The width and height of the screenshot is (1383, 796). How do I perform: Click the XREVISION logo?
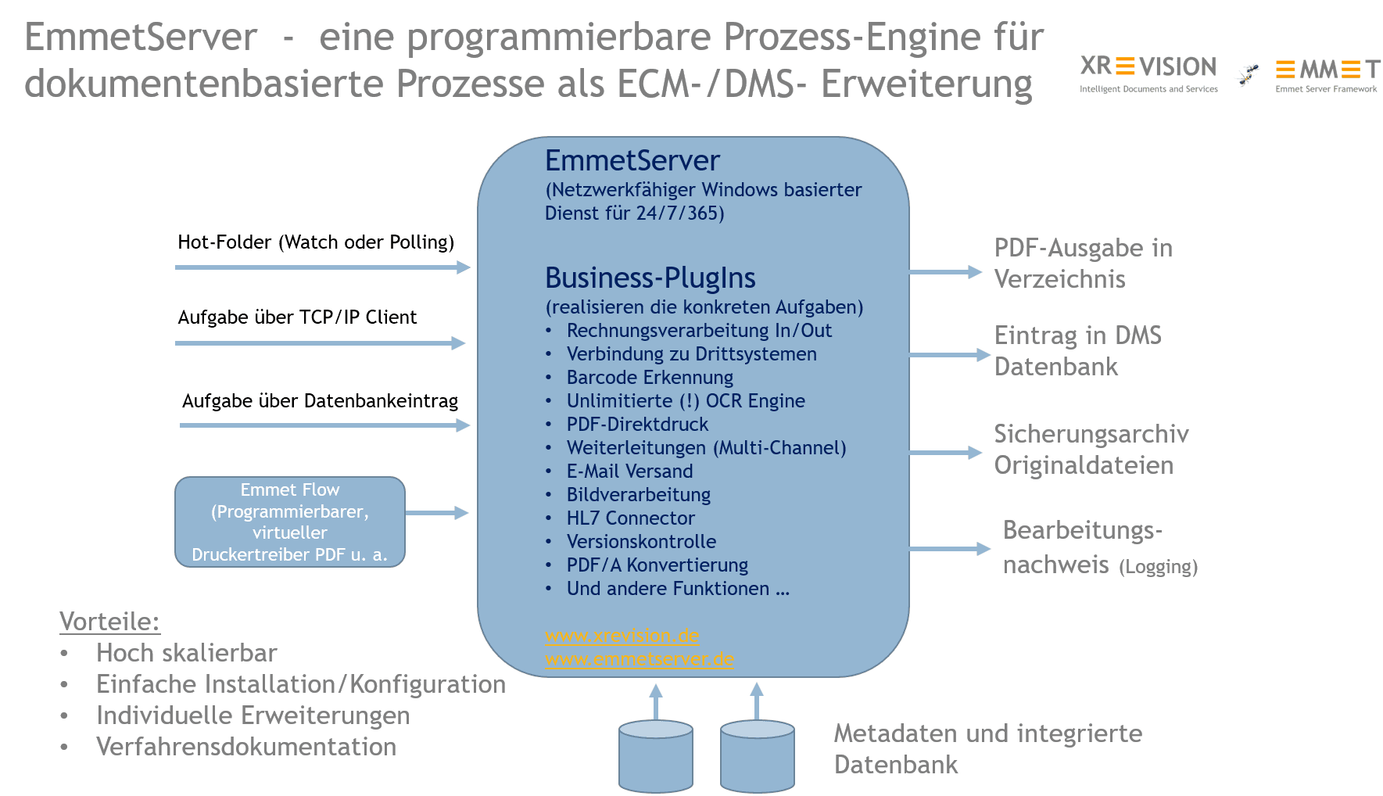pyautogui.click(x=1148, y=74)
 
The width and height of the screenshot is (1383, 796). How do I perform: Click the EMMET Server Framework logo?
pyautogui.click(x=1327, y=74)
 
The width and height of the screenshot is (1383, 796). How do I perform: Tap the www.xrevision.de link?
pyautogui.click(x=622, y=636)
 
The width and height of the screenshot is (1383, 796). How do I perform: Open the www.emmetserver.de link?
pyautogui.click(x=639, y=659)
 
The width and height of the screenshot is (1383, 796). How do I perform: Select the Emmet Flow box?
pyautogui.click(x=290, y=522)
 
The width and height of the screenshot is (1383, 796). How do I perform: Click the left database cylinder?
pyautogui.click(x=655, y=755)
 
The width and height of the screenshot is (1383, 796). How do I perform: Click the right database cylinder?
pyautogui.click(x=757, y=755)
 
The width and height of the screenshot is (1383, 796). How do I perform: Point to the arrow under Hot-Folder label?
pyautogui.click(x=322, y=267)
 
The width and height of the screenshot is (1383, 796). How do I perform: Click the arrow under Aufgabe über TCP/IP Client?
pyautogui.click(x=320, y=342)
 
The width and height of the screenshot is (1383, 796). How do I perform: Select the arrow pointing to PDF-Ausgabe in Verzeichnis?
pyautogui.click(x=944, y=272)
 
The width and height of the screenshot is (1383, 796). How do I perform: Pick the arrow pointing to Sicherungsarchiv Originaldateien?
pyautogui.click(x=944, y=452)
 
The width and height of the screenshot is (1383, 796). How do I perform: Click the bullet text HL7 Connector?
pyautogui.click(x=630, y=518)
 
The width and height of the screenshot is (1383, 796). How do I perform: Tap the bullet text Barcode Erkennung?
pyautogui.click(x=650, y=378)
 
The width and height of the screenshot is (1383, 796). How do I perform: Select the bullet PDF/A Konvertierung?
pyautogui.click(x=657, y=565)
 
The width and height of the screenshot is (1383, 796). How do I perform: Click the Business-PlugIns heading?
pyautogui.click(x=650, y=278)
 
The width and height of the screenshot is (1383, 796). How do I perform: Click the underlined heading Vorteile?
pyautogui.click(x=109, y=622)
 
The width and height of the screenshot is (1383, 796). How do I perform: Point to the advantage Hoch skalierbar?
pyautogui.click(x=186, y=653)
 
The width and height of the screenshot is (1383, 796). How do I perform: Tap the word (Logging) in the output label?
pyautogui.click(x=1158, y=567)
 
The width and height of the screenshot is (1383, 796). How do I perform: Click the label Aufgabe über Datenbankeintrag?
pyautogui.click(x=320, y=401)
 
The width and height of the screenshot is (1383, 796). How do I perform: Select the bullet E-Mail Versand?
pyautogui.click(x=629, y=472)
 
